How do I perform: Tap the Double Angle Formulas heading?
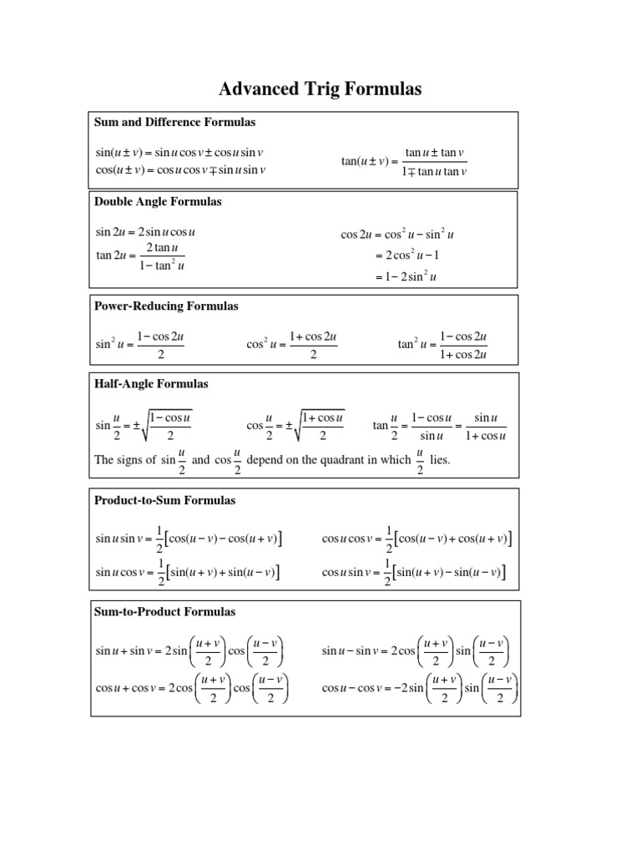pos(158,202)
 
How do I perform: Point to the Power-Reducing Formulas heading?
pos(167,306)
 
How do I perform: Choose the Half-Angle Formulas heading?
pos(152,384)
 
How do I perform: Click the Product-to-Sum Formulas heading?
pos(165,501)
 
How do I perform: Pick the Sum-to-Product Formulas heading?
pos(165,612)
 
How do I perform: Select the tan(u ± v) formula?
pos(405,162)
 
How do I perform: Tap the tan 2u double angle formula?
pos(140,257)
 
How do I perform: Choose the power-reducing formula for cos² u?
pos(291,345)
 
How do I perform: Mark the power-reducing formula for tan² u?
pos(442,345)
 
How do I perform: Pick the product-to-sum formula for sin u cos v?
pos(188,573)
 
